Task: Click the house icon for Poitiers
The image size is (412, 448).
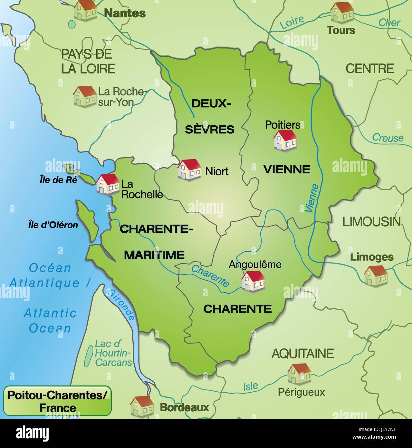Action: point(285,140)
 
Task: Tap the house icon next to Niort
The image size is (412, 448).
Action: point(189,169)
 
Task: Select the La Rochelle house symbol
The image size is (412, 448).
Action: point(108,184)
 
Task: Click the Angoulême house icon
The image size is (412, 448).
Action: point(253,281)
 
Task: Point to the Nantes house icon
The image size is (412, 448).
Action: point(85,10)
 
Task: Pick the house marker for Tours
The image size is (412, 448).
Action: point(342,13)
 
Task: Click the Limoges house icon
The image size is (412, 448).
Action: point(376,276)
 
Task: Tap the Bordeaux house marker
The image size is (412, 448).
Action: point(142,405)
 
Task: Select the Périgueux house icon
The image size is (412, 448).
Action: point(299,374)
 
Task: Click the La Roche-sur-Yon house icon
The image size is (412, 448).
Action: point(85,96)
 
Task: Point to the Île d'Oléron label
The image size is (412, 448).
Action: point(53,225)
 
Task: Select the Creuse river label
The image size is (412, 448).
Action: point(388,138)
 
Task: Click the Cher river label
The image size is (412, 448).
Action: point(389,23)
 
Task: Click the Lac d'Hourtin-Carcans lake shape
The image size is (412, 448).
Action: point(88,356)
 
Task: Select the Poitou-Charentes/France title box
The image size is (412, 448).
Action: point(57,401)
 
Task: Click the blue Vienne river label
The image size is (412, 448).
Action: point(311,198)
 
